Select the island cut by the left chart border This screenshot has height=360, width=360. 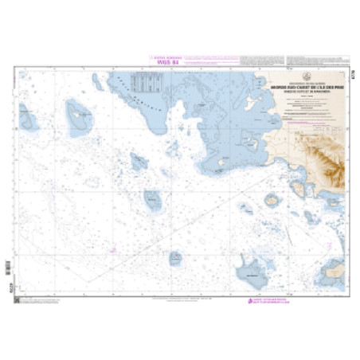point(29,120)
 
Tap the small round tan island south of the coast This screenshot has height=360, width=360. point(272,199)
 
